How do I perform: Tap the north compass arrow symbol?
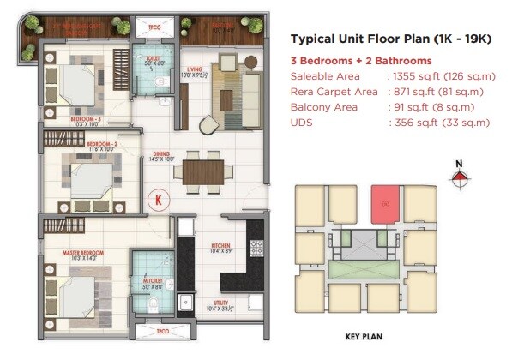coord(460,178)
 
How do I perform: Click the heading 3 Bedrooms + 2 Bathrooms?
coord(361,61)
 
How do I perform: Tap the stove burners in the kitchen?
coord(255,248)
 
